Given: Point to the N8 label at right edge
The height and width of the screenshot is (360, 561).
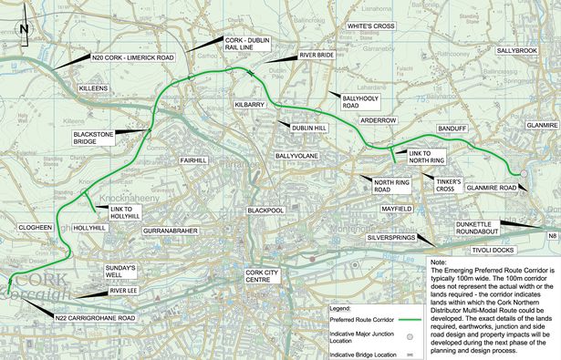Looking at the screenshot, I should tap(551, 236).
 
